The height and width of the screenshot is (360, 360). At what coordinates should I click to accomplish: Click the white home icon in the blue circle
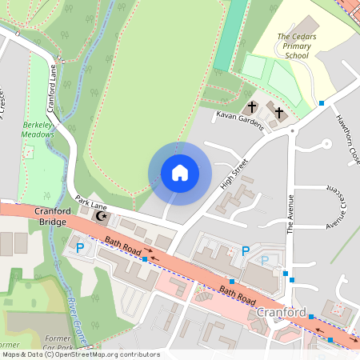point(179,173)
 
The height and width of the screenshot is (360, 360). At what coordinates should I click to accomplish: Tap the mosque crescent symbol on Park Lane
point(102,215)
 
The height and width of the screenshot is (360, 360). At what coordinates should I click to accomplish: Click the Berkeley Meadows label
point(38,130)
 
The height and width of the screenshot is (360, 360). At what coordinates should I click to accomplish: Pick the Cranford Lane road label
point(52,89)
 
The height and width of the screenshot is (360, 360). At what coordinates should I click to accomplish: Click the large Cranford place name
point(282,310)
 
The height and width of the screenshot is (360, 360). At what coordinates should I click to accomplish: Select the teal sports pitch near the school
point(229,36)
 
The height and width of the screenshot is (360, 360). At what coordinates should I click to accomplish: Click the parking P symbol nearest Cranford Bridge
point(79,249)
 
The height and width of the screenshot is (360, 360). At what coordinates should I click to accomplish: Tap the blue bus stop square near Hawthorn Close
point(322,103)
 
